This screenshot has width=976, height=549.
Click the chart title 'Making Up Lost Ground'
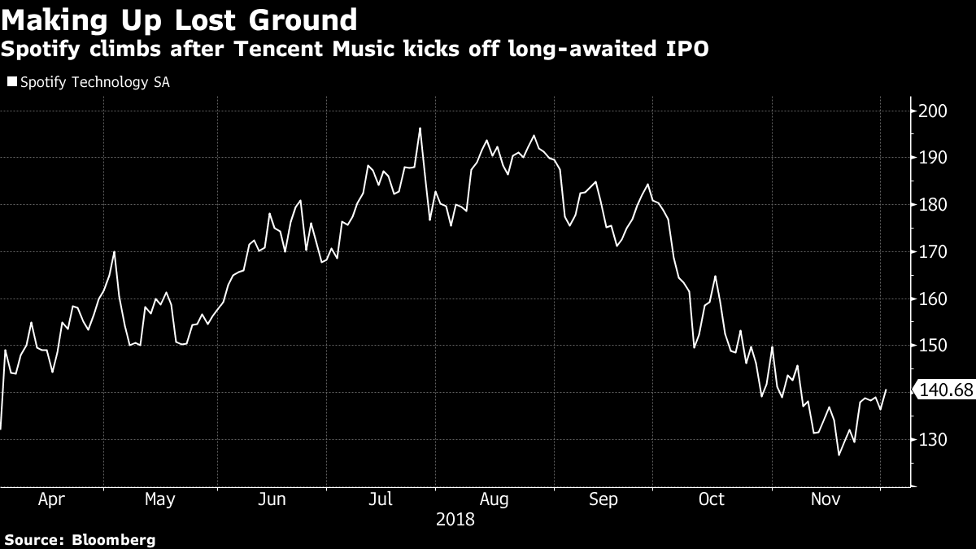[x=180, y=20]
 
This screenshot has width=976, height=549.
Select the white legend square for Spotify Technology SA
[x=11, y=82]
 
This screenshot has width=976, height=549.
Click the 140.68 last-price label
[x=945, y=391]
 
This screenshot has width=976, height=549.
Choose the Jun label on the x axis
[x=271, y=499]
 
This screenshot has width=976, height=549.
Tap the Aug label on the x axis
[x=494, y=499]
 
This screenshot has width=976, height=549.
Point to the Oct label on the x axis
[x=712, y=499]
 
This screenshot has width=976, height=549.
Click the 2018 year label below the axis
[x=456, y=519]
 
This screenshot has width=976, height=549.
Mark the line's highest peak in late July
[x=420, y=128]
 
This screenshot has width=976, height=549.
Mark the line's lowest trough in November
[x=839, y=455]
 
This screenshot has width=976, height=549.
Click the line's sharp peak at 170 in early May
[x=114, y=251]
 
